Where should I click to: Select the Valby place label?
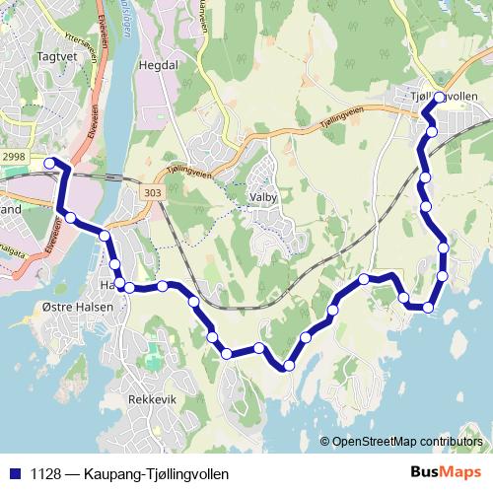[264, 197]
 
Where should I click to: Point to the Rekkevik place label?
[152, 399]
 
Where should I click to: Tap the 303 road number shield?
[151, 193]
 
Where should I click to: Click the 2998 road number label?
[14, 158]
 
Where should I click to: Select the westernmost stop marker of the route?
[50, 163]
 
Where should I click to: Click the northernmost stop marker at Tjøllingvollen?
[440, 98]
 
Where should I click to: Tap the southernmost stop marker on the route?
[288, 366]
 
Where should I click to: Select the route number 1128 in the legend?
[42, 472]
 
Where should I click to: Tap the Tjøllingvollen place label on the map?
[445, 96]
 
